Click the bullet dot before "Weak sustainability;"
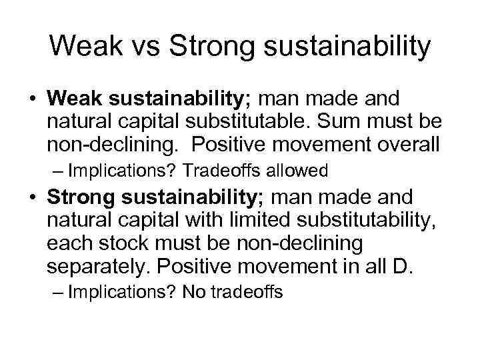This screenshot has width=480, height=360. click(33, 100)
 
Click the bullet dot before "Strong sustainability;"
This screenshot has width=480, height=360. click(33, 198)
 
